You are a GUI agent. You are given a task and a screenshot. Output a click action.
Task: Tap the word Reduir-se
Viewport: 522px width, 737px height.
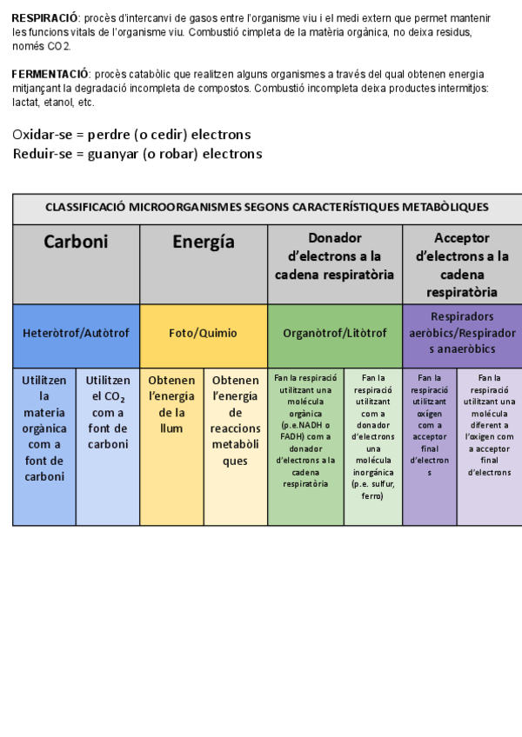(x=42, y=154)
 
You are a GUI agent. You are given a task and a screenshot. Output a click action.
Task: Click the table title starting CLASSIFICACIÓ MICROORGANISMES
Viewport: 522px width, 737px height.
(x=266, y=208)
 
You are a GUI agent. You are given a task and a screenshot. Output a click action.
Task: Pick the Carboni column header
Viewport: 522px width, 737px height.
(x=76, y=242)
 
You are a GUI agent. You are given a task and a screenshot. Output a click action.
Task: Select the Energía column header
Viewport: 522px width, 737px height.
(x=203, y=242)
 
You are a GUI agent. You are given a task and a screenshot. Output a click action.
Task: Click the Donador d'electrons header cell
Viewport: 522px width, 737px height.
(x=334, y=256)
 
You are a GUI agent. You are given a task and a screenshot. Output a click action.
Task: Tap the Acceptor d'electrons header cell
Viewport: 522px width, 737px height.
(x=461, y=264)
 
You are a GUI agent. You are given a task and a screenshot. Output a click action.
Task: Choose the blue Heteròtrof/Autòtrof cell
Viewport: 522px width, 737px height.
(x=76, y=333)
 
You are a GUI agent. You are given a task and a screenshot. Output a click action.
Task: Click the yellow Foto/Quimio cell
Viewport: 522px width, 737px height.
(x=203, y=333)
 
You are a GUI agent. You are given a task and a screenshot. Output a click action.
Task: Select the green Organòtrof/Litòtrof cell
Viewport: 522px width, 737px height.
(x=334, y=333)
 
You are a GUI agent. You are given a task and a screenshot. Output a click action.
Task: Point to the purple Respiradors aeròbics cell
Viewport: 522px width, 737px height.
(x=461, y=333)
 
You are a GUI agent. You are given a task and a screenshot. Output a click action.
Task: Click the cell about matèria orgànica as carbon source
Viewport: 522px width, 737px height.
(x=44, y=428)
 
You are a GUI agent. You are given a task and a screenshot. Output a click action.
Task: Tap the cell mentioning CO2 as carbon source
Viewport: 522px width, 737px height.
(x=108, y=413)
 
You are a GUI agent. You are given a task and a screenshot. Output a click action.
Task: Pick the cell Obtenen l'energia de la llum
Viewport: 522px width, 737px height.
(x=171, y=404)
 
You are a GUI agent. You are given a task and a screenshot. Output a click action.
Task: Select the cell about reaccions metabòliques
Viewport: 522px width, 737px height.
(x=235, y=421)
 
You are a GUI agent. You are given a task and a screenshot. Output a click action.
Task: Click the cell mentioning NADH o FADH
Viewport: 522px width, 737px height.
(x=305, y=430)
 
